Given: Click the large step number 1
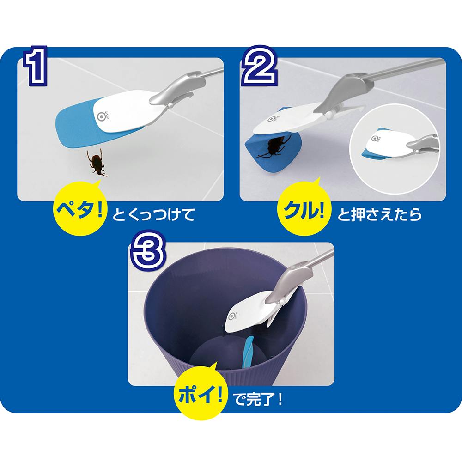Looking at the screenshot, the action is [36, 66].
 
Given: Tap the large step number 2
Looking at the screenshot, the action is [259, 66].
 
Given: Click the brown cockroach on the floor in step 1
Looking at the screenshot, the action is [97, 163].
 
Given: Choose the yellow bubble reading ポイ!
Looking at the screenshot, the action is [201, 394].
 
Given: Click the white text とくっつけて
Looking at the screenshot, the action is [153, 214].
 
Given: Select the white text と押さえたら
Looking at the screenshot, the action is [379, 214].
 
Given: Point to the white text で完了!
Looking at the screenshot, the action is [258, 399].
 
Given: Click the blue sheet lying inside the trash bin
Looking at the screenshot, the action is [248, 352].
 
